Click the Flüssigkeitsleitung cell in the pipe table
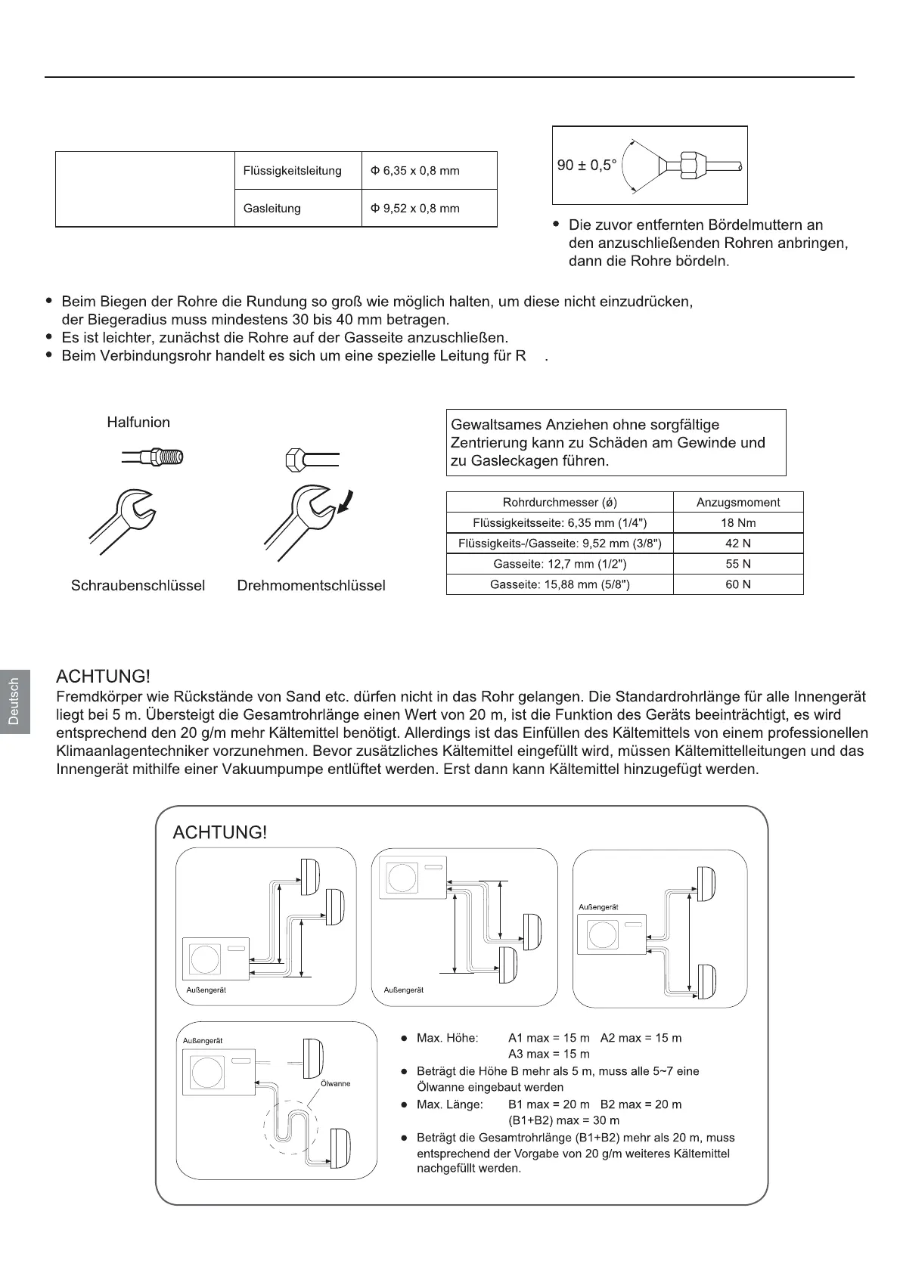(x=292, y=171)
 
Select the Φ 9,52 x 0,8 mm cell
(x=414, y=209)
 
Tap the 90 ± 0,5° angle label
(x=587, y=166)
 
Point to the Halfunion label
(x=138, y=423)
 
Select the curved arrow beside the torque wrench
(x=347, y=501)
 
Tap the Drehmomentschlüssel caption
(x=311, y=586)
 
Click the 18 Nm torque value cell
(x=737, y=523)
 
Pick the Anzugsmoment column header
(x=737, y=503)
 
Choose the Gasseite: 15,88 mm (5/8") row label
(x=560, y=584)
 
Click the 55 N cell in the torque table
(x=737, y=564)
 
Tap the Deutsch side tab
(x=14, y=702)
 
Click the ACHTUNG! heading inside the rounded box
(x=219, y=832)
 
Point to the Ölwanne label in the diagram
(x=336, y=1083)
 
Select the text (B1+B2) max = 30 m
(x=563, y=1120)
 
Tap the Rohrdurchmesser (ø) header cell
(x=560, y=503)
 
